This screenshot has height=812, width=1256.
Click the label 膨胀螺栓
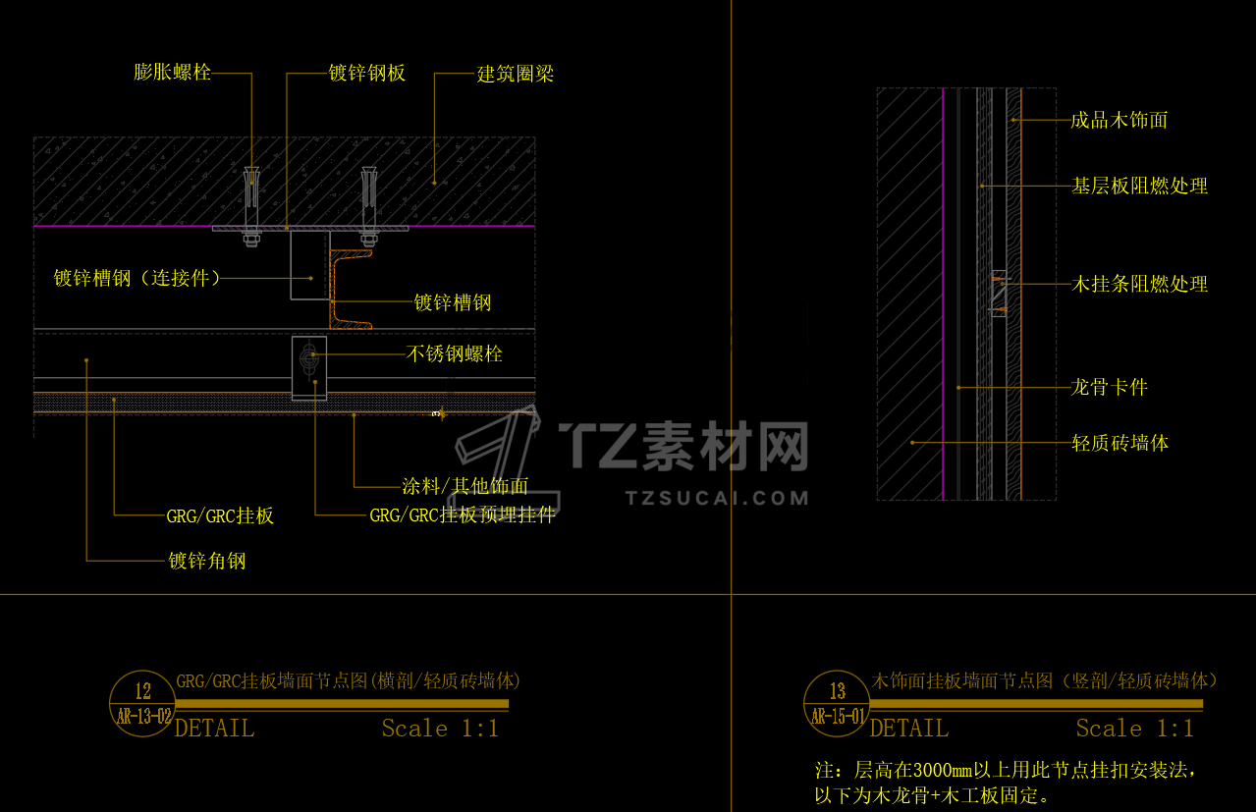pos(172,72)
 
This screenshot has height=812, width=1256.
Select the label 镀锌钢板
pos(366,74)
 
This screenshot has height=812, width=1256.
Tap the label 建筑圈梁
pos(516,74)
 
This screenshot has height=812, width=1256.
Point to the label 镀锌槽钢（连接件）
pos(137,278)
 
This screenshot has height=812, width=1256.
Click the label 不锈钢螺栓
pos(455,353)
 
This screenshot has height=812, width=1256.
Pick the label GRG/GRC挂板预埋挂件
pos(462,514)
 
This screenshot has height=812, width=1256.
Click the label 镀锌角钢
pos(206,561)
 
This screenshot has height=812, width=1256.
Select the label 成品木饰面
pos(1119,121)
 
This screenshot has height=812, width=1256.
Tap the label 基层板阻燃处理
pos(1139,186)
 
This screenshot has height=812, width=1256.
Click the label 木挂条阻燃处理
pos(1139,284)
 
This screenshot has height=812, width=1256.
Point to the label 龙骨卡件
pos(1109,387)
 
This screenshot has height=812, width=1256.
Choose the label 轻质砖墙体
pos(1119,443)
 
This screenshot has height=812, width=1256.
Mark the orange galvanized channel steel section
pos(350,290)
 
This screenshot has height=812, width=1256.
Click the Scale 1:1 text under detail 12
pos(440,729)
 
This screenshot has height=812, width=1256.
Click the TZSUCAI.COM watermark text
pos(717,498)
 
